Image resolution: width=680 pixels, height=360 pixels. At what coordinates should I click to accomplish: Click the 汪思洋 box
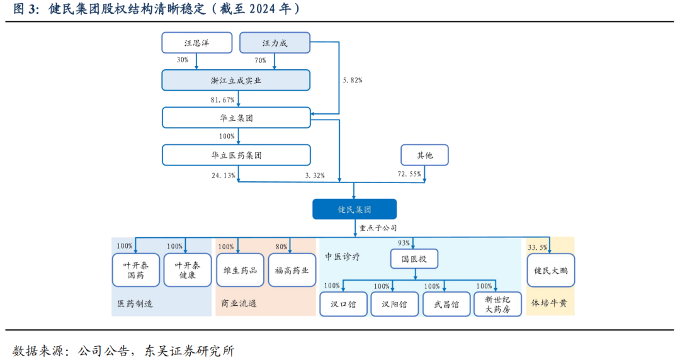coord(196,43)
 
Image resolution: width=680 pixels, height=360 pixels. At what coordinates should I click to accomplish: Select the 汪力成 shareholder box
coord(275,43)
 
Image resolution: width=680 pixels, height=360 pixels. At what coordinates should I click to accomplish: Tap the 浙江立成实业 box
coord(236,80)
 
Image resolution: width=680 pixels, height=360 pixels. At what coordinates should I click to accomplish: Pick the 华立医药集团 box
coord(236,155)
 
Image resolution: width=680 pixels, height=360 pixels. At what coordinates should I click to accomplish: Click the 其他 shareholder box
coord(425,155)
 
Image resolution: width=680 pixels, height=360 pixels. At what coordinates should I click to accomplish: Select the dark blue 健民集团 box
coord(354,209)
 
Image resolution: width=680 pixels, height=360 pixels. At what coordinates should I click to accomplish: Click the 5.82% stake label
coord(352,81)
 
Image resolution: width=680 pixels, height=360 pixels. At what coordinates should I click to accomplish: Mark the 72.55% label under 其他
coord(410,174)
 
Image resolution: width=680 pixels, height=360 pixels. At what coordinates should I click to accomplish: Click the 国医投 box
coord(414,259)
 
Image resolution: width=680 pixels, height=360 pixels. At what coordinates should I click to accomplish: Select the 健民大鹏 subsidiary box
coord(550,271)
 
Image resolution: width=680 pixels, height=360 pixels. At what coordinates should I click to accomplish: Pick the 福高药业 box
coord(292,271)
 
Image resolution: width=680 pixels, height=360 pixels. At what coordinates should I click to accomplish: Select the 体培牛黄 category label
coord(549,303)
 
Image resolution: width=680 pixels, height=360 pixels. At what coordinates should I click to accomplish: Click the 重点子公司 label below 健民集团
coord(378,228)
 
